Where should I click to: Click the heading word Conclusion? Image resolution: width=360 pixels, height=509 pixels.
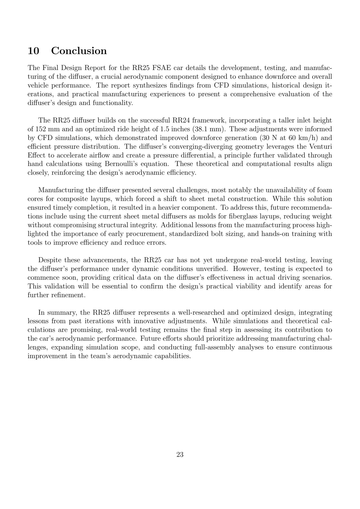(79, 51)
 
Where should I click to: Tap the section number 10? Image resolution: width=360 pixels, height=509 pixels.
(33, 51)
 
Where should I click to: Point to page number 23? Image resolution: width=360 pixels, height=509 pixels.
(180, 455)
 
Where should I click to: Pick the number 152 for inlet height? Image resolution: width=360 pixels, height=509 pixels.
(40, 129)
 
